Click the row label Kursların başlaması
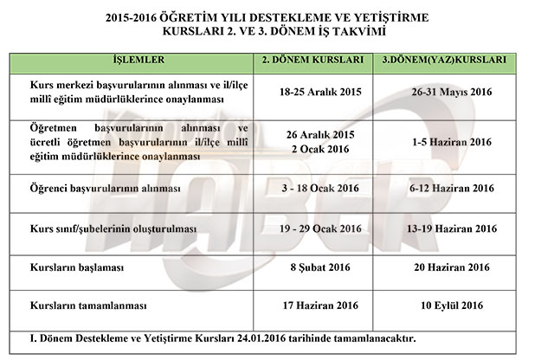pyautogui.click(x=72, y=268)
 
